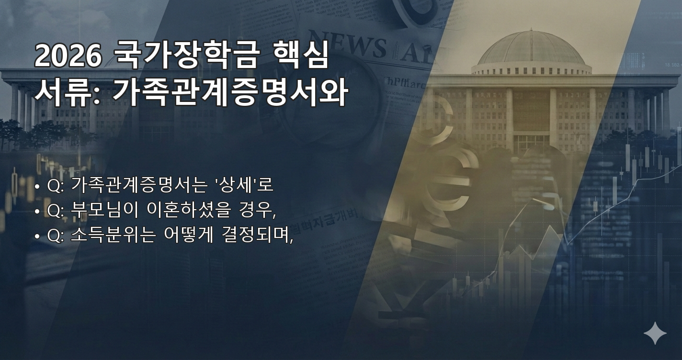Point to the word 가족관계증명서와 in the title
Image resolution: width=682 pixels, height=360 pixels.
coord(230,92)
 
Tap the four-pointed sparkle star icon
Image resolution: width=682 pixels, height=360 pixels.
coord(655,333)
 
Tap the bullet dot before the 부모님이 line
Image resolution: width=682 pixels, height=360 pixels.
coord(37,211)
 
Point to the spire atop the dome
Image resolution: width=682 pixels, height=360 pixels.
coord(530,30)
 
